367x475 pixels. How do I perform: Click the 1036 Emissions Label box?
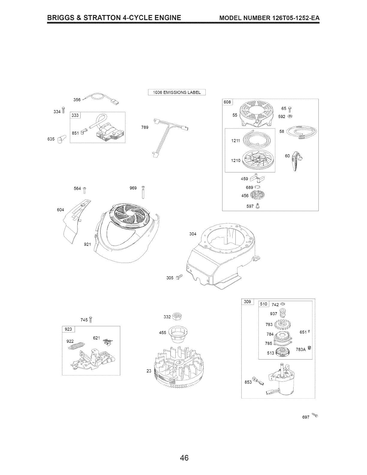[x=177, y=92]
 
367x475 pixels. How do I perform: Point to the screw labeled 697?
[x=314, y=415]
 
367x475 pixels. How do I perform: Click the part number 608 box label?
[x=227, y=102]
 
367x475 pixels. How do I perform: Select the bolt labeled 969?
[x=143, y=192]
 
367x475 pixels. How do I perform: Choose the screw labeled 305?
[x=179, y=277]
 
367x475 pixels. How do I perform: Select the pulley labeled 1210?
[x=257, y=161]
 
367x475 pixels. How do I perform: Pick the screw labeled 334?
[x=63, y=110]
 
